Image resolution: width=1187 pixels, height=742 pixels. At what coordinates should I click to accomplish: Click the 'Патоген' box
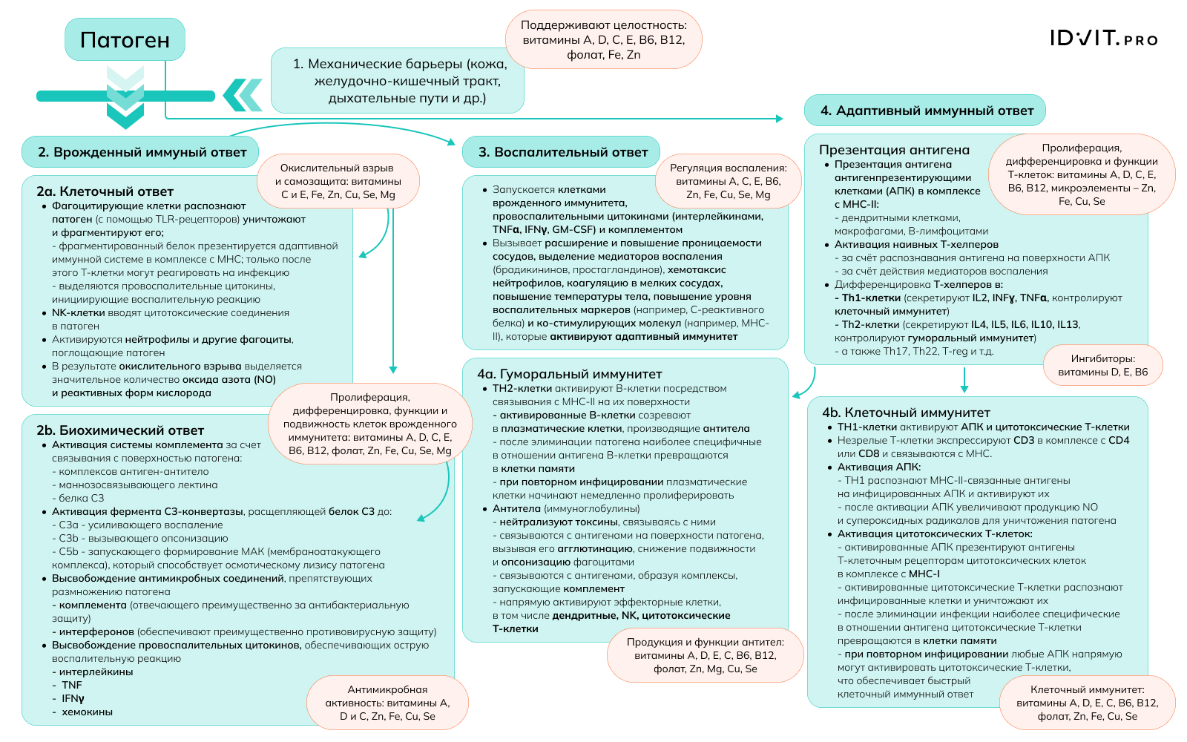click(x=125, y=40)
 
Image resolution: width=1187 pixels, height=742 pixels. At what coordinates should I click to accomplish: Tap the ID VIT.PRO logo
click(x=1103, y=39)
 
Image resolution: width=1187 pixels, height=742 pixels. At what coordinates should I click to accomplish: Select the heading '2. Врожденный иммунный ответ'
click(x=141, y=152)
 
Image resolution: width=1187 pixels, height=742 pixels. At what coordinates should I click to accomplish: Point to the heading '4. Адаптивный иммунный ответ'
click(x=925, y=111)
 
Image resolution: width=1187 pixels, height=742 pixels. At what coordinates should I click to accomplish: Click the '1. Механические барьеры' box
click(x=399, y=81)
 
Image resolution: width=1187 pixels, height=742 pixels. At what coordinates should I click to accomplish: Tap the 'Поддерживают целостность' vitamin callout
click(x=603, y=40)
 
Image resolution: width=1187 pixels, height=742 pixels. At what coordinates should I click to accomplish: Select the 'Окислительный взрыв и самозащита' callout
click(x=338, y=182)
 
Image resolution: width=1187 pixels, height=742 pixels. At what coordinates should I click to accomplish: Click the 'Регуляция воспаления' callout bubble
click(x=728, y=182)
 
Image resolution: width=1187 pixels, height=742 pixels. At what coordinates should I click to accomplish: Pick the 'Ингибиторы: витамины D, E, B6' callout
click(x=1102, y=366)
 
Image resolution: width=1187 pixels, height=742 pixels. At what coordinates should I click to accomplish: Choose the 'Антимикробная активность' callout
click(x=387, y=703)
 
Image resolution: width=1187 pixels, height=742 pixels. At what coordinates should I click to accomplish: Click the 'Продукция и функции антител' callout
click(x=705, y=655)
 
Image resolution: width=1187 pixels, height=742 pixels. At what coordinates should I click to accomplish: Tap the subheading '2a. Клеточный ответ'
click(x=105, y=191)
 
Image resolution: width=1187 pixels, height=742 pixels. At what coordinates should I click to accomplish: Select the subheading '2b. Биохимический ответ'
click(x=119, y=430)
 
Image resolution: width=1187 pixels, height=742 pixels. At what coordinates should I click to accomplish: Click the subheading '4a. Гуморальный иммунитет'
click(x=569, y=374)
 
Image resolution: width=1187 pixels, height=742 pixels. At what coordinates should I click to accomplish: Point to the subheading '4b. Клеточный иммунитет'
click(x=906, y=413)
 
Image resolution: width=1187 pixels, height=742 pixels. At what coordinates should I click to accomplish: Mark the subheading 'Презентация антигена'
click(x=894, y=150)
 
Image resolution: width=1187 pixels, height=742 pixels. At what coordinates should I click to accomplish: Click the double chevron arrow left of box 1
click(x=243, y=95)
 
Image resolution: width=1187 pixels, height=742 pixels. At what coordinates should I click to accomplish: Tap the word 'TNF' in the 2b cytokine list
click(x=72, y=686)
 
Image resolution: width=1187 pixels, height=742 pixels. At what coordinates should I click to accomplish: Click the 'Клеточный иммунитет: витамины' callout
click(x=1087, y=703)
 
